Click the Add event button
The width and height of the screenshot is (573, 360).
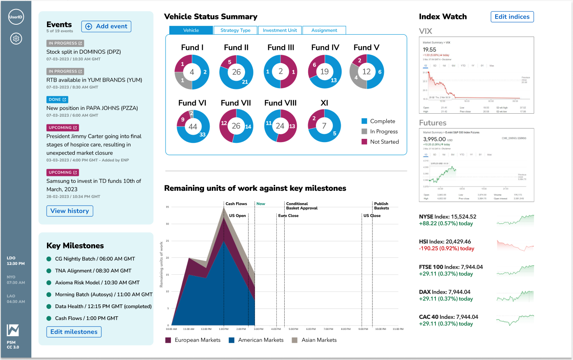pos(106,26)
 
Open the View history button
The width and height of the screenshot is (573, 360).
pos(70,211)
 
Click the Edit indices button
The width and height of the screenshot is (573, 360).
pos(512,17)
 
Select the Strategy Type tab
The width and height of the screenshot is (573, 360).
pos(235,30)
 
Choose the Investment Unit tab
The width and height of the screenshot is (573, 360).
pos(280,30)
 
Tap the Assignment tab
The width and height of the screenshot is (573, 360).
pos(324,30)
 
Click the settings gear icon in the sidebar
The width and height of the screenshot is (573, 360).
pos(16,39)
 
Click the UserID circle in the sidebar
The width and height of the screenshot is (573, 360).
pos(16,17)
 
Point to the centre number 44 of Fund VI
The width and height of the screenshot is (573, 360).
pos(193,126)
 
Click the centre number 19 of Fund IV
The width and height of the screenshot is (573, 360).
pos(325,72)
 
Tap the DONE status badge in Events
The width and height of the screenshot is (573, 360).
pos(57,100)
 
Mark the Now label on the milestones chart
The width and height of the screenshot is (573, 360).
pos(261,204)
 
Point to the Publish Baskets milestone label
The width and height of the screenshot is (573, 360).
pos(381,206)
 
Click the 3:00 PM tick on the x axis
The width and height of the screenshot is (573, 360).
pos(259,329)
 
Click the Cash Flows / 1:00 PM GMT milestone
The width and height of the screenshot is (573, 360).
pos(87,318)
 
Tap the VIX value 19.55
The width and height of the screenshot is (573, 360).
pos(429,50)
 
